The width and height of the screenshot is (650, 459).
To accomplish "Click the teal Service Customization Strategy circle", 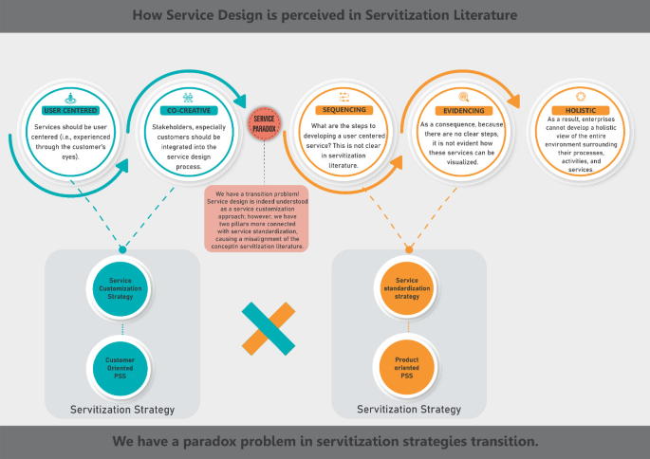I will (122, 288).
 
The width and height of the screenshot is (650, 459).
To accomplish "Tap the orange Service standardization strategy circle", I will (407, 288).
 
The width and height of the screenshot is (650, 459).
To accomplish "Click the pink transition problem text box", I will (257, 219).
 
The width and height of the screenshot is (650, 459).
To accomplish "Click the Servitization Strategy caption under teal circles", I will (122, 410).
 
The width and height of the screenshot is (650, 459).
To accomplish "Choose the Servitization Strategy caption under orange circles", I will (408, 410).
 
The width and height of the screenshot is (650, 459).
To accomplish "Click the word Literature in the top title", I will (487, 15).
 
